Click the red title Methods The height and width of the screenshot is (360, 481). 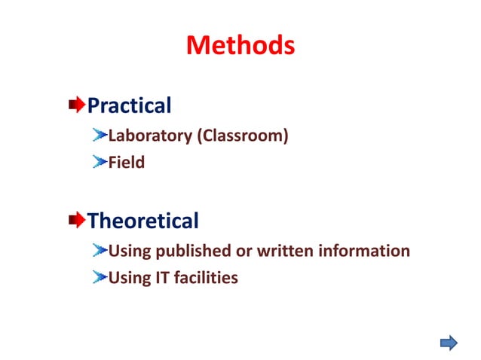click(240, 46)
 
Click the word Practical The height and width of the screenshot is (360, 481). click(129, 105)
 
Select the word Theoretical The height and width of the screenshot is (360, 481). click(142, 221)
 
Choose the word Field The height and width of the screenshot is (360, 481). click(126, 162)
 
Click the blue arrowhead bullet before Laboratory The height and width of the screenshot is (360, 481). click(100, 136)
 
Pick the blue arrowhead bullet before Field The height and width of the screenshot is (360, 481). click(100, 161)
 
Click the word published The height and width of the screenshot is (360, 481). click(195, 251)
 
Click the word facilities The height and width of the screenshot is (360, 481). click(206, 278)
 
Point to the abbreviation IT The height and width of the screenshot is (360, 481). click(161, 278)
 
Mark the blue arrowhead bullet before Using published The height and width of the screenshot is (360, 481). click(100, 250)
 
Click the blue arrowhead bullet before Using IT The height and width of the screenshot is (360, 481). click(100, 277)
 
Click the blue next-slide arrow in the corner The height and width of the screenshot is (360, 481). click(449, 343)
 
